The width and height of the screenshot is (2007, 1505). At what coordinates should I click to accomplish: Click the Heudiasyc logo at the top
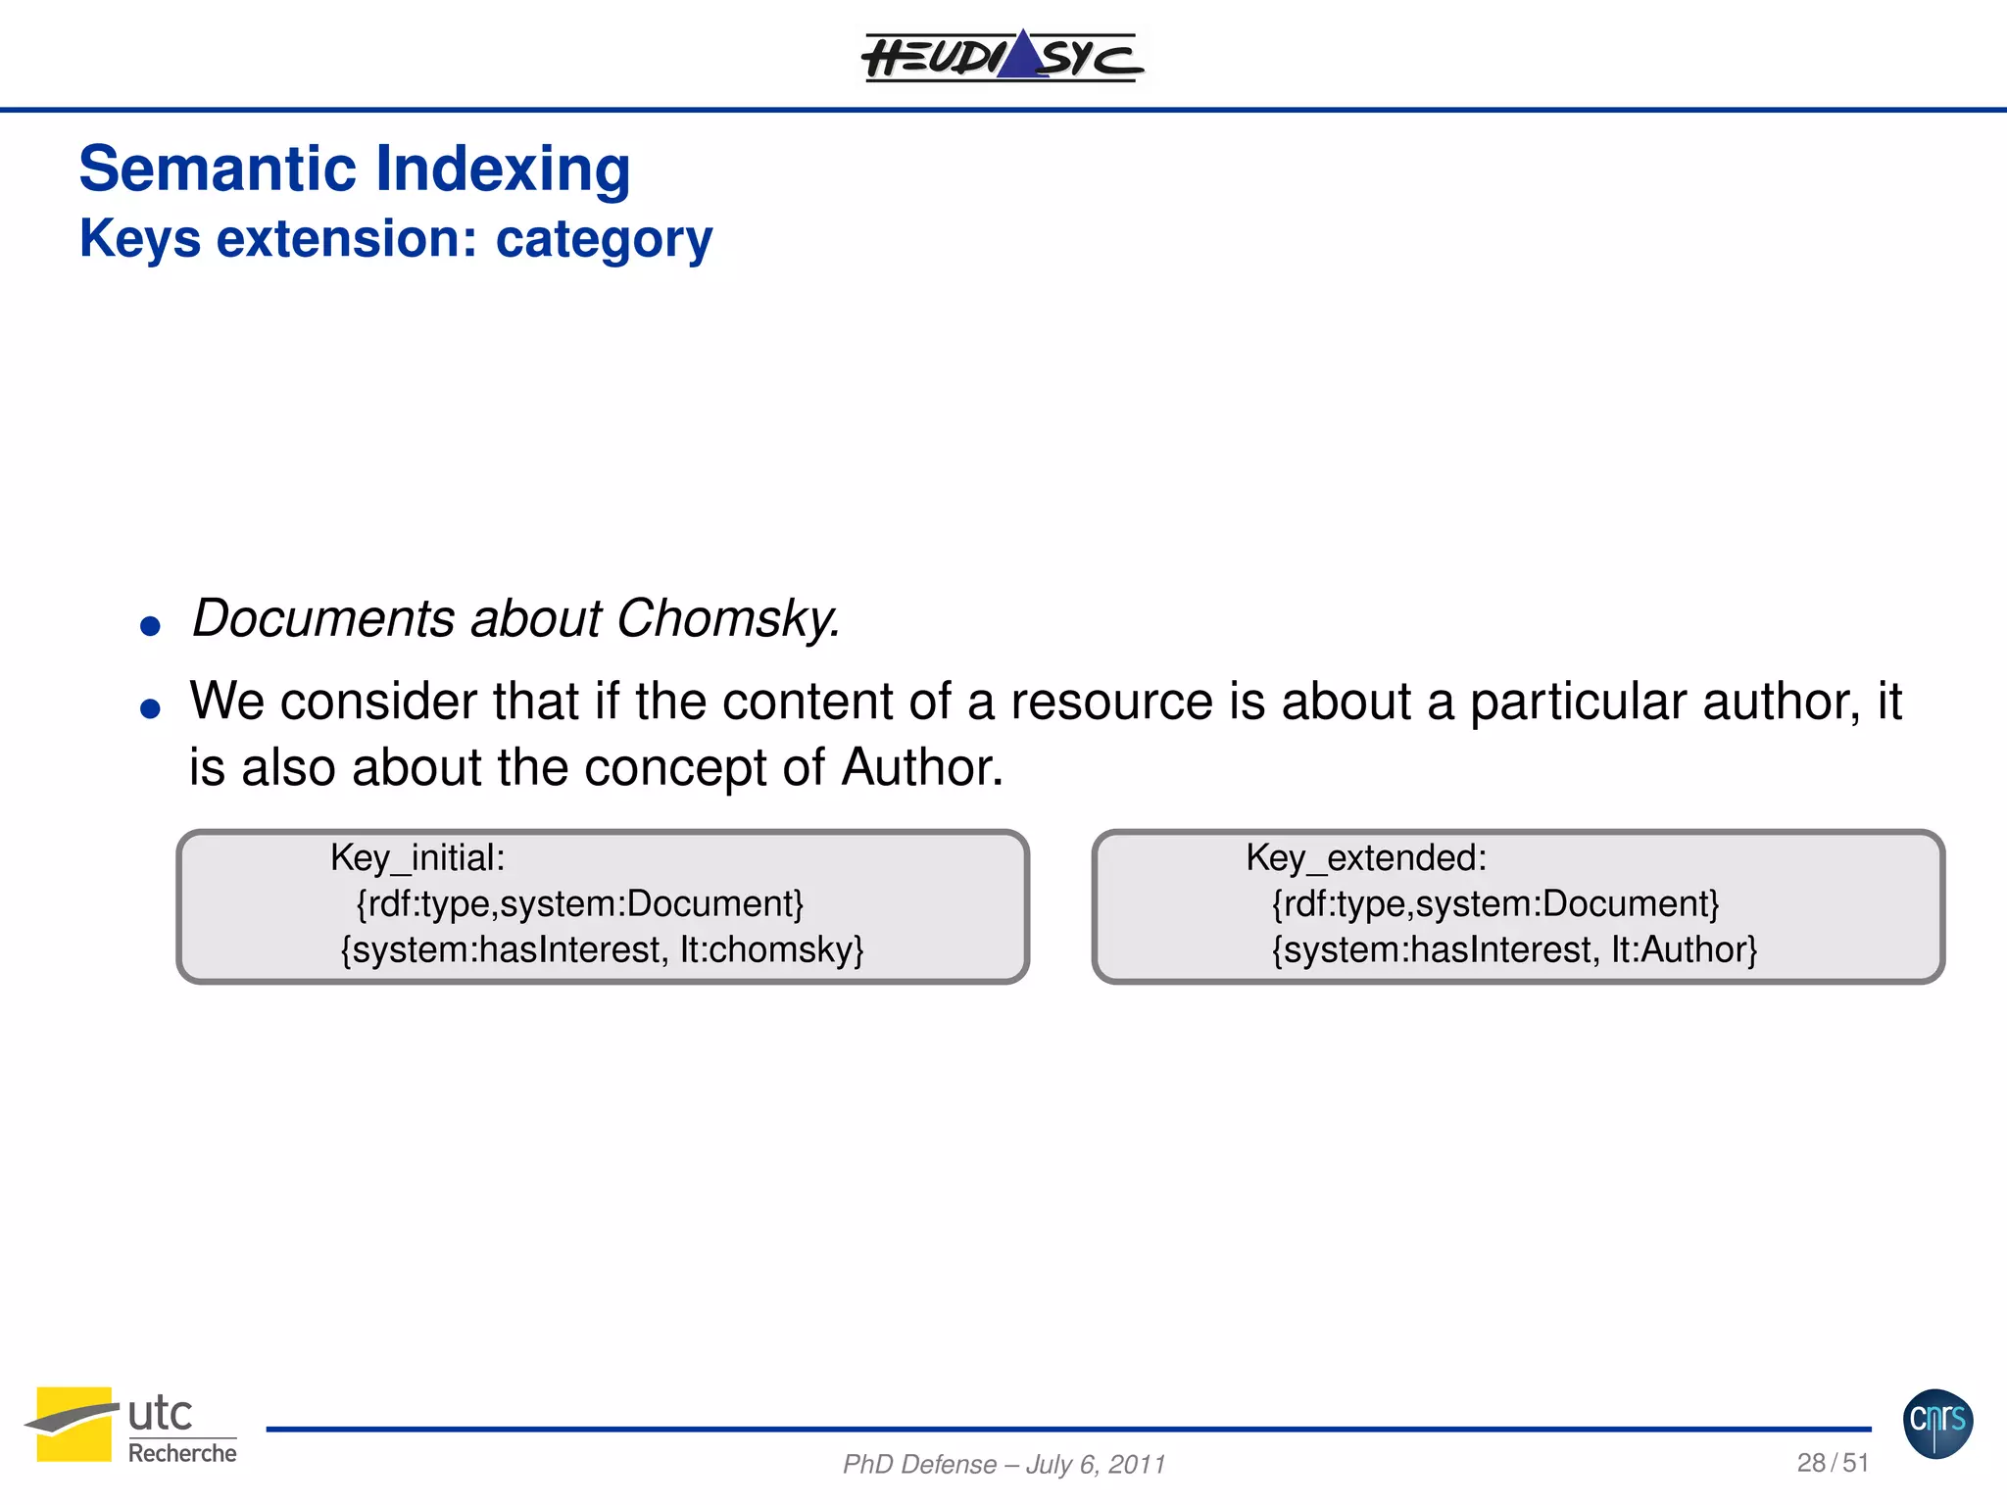point(1003,57)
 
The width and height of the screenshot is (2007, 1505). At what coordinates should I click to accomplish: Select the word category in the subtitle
point(604,240)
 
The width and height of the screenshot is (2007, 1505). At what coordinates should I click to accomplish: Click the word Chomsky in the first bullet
point(727,619)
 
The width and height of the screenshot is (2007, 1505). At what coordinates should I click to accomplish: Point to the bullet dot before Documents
point(150,626)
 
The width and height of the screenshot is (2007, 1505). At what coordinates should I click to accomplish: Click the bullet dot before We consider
point(150,708)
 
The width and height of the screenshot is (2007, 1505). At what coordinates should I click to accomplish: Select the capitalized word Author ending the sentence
point(921,767)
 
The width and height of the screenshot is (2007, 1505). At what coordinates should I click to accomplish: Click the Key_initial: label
point(417,858)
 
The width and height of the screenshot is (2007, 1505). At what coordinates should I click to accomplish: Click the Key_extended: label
point(1366,858)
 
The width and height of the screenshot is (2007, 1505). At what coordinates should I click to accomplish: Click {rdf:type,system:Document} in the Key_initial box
point(579,903)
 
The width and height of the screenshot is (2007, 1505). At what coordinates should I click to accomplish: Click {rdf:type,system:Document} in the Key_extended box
point(1494,903)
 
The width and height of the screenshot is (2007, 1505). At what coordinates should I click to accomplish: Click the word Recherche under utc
point(182,1453)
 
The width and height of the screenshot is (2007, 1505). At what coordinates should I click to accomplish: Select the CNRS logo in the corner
point(1937,1423)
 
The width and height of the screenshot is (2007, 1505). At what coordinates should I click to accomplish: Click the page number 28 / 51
point(1832,1463)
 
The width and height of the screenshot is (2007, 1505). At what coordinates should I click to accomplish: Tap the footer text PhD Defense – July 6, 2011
point(1003,1464)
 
